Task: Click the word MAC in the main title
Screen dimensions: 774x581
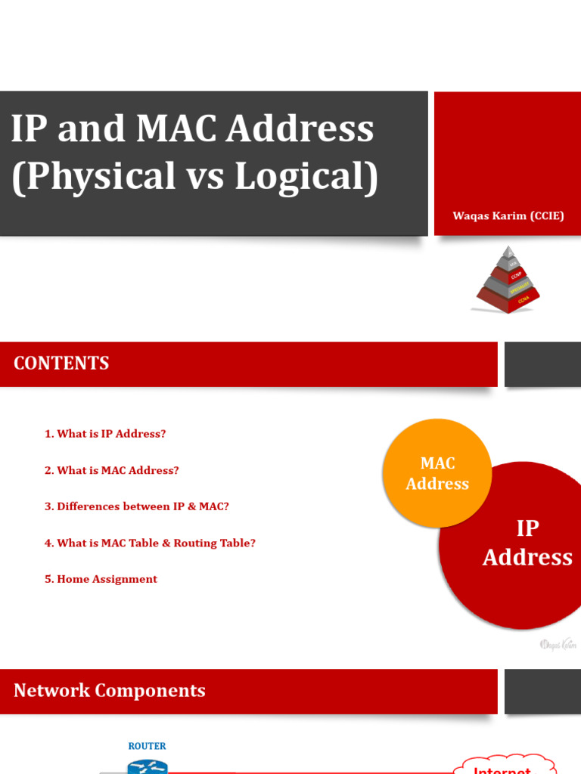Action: (x=176, y=129)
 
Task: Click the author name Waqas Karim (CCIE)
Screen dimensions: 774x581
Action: (x=508, y=216)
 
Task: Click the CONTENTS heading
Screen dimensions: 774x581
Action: (x=61, y=364)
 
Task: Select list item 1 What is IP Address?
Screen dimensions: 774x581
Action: (x=105, y=434)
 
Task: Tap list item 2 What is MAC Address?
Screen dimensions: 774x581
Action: (x=112, y=470)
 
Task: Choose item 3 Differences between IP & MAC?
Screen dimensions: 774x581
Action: (x=137, y=506)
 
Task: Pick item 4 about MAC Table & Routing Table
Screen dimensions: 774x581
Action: (x=150, y=543)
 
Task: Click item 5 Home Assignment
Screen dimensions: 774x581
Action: (x=101, y=579)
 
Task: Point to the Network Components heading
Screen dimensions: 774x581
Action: (x=110, y=691)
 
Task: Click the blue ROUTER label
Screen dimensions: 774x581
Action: (x=147, y=746)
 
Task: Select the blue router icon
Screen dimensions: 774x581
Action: (x=147, y=766)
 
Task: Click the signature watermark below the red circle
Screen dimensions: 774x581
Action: (x=558, y=645)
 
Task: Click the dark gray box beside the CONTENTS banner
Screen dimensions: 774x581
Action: (x=542, y=365)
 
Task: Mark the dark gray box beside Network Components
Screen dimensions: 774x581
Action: (x=542, y=692)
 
